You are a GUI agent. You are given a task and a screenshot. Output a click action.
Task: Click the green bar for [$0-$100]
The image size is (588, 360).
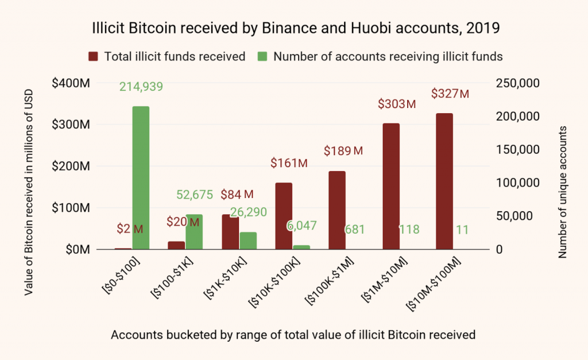coord(140,178)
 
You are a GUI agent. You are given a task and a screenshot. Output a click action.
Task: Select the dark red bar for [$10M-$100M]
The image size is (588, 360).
coord(444,181)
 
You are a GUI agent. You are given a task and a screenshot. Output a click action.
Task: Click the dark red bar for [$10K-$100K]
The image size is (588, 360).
coord(284,216)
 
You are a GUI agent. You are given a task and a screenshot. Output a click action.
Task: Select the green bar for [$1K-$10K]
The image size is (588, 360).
coord(247,241)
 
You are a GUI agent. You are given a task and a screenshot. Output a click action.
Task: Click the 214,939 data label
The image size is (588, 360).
coord(141,87)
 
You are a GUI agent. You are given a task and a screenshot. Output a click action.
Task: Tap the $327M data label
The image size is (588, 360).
coord(450,94)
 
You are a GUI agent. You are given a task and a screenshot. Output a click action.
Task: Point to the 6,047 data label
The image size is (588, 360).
coord(301,225)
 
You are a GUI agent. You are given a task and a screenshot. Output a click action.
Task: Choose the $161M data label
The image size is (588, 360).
coord(289,163)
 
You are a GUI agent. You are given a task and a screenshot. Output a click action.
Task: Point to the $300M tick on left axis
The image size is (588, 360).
coord(71,125)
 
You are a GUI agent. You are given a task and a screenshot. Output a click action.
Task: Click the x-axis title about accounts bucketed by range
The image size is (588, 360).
coord(293,335)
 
